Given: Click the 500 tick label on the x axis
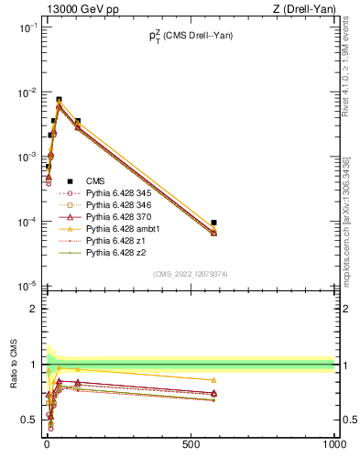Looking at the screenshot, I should (190, 444).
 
